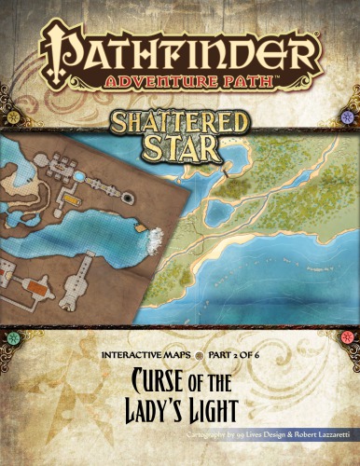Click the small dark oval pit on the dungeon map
(x=123, y=198)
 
